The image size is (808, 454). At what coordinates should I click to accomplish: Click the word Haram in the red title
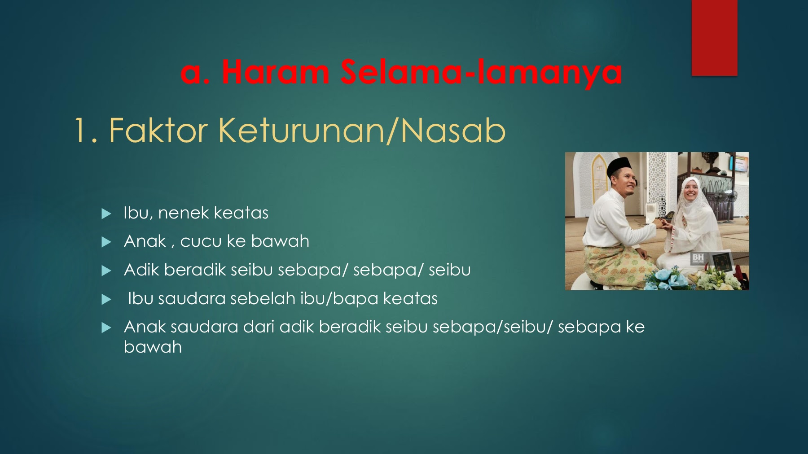(275, 72)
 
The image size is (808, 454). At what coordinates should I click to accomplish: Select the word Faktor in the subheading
(158, 131)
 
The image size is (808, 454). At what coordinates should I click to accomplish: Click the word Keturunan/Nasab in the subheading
(363, 131)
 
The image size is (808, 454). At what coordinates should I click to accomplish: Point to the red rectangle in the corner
(714, 38)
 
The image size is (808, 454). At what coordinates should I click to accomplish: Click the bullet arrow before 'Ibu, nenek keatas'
(106, 214)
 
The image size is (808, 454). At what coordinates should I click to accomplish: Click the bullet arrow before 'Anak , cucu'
(106, 242)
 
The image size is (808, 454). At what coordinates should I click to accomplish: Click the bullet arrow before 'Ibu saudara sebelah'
(106, 299)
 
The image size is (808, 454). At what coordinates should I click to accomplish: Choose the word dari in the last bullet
(259, 327)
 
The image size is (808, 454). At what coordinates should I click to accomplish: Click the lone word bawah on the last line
(153, 347)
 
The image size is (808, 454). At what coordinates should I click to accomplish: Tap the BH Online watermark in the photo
(698, 258)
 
